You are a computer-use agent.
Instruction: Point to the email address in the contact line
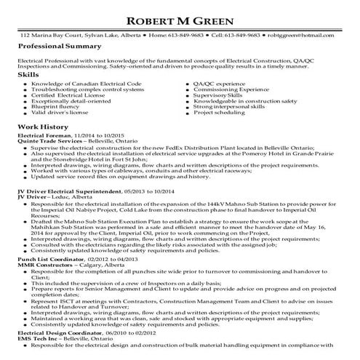coord(314,34)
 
